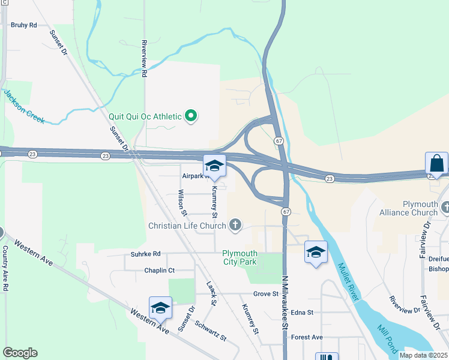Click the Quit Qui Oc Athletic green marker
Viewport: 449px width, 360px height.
point(191,116)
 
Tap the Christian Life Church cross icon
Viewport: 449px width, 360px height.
point(235,225)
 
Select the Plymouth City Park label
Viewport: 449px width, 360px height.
point(240,257)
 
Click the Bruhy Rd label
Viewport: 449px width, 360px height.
point(24,25)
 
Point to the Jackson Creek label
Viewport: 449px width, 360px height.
point(24,107)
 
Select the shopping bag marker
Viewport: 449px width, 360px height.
point(436,163)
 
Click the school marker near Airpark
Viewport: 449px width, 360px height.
point(214,166)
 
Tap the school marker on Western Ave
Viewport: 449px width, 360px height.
point(160,308)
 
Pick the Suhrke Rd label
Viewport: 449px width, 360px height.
point(145,254)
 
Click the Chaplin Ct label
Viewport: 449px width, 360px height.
point(159,271)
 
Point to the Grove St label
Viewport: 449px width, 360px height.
point(266,294)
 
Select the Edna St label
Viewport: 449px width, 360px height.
point(302,313)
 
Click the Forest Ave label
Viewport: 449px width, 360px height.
point(307,337)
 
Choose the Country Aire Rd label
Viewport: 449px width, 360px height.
point(5,268)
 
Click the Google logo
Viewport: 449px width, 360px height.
point(20,353)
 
